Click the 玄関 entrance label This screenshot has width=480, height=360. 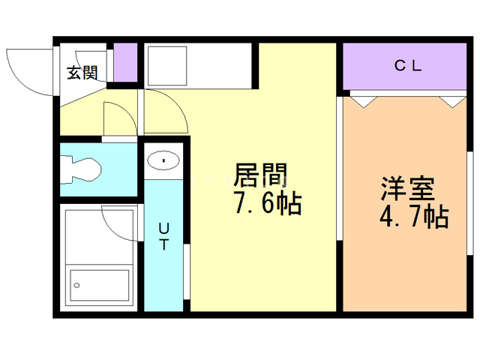[x=82, y=73]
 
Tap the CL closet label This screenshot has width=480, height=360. [x=408, y=65]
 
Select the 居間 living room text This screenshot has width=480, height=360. [x=261, y=175]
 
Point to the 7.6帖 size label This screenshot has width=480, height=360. [x=268, y=203]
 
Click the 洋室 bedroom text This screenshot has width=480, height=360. [x=408, y=188]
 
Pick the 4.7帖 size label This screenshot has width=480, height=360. [x=414, y=217]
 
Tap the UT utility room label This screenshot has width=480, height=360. [x=163, y=236]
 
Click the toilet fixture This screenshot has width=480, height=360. [x=80, y=170]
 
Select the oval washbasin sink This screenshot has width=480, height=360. [x=163, y=160]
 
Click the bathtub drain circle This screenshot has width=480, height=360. [x=76, y=285]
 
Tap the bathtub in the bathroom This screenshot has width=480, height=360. [x=100, y=285]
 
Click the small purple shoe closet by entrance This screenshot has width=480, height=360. [x=125, y=62]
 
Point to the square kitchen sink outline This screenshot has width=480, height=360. [x=167, y=66]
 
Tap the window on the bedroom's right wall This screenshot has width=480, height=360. [x=470, y=203]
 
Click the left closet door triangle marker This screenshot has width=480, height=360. [x=364, y=102]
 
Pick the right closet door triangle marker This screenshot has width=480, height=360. [x=452, y=102]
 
